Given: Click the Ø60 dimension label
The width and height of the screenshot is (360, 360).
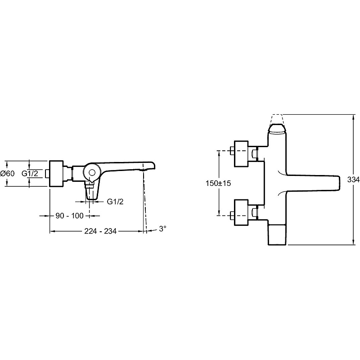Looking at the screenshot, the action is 7,173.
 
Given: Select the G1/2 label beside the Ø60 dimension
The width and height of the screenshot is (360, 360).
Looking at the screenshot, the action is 30,173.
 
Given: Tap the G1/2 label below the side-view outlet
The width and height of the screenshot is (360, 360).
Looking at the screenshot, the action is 115,202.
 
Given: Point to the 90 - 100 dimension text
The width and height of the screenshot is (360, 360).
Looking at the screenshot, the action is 70,216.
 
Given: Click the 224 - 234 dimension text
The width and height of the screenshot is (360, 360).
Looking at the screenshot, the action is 100,231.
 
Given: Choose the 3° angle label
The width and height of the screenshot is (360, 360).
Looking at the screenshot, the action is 162,229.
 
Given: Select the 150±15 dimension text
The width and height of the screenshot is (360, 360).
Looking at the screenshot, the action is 218,183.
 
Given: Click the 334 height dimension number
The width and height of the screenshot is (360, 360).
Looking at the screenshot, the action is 353,180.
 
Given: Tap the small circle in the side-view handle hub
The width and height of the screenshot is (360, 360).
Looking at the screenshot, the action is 92,173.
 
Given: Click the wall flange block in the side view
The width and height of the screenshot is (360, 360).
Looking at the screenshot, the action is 56,174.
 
